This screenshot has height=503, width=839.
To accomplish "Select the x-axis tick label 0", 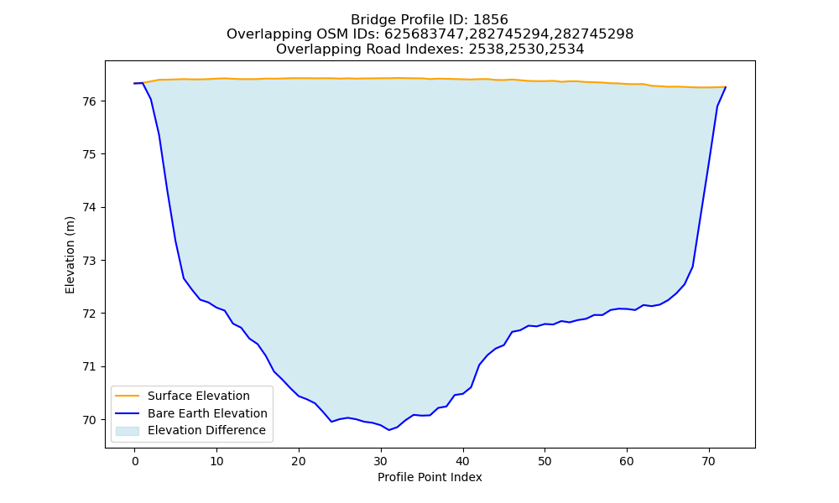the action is pos(135,461).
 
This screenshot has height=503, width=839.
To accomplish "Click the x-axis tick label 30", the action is pos(380,461).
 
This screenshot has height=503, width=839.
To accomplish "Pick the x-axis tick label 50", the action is pos(545,461).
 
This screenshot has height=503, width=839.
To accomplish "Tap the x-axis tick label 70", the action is pos(708,461).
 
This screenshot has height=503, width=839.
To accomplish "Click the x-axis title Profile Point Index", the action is pos(430,477).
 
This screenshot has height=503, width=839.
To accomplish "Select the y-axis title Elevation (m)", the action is pos(70,255).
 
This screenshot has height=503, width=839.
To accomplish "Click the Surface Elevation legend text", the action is pos(199,396).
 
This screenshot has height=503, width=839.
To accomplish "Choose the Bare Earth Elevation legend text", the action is pos(207,413).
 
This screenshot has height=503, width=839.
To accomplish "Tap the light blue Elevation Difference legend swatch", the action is pos(128,431).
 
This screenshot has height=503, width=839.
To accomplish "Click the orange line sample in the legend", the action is pos(128,396).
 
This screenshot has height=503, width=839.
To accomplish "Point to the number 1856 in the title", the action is pos(491,20).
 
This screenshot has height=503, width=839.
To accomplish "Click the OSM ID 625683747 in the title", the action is pos(425,34).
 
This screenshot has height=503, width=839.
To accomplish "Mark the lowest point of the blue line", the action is pos(389,430).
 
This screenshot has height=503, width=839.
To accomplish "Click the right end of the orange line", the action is pos(726,86).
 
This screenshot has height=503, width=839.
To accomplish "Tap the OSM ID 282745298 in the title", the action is pos(593,34).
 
